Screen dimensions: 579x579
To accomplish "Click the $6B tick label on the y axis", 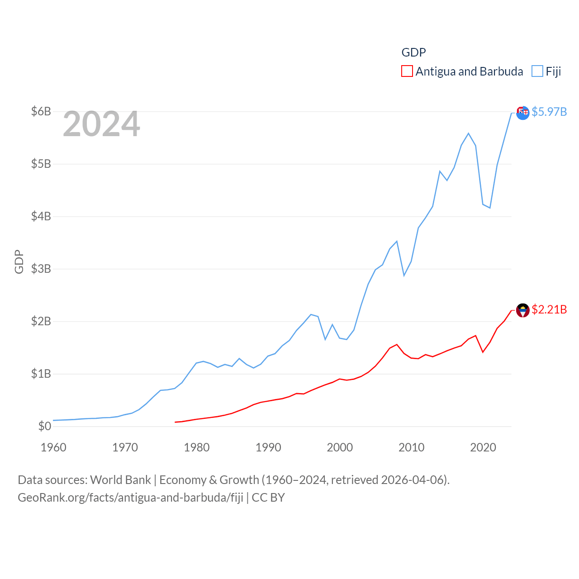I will pos(41,111).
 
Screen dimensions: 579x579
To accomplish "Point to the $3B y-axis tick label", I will pos(41,269).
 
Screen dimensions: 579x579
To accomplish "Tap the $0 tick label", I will pos(44,426).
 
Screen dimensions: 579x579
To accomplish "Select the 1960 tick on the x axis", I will pos(53,447).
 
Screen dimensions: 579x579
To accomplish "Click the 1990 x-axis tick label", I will pos(268,447).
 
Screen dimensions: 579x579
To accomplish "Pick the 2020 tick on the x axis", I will pos(483,447).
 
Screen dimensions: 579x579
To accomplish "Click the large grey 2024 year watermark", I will pos(101,124).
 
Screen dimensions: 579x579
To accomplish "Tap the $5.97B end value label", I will pos(549,112).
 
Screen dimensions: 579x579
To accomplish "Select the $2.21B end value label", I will pos(549,309).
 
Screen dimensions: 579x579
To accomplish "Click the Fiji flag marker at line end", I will pos(523,113).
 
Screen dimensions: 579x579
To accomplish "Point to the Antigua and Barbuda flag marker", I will pos(523,310).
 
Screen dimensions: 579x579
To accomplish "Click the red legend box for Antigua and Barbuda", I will pos(407,71).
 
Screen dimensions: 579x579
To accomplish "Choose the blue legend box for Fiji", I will pos(537,71).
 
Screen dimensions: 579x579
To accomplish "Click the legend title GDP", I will pos(413,52).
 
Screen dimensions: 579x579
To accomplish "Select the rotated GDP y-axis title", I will pos(19,261).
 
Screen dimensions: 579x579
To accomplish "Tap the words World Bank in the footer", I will pos(120,479).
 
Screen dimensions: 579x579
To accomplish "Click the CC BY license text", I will pos(268,498).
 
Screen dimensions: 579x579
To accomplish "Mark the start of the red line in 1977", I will pos(175,422).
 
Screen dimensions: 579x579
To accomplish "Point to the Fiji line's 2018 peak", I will pos(469,133).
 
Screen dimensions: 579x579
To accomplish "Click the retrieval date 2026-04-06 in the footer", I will pos(413,479).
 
